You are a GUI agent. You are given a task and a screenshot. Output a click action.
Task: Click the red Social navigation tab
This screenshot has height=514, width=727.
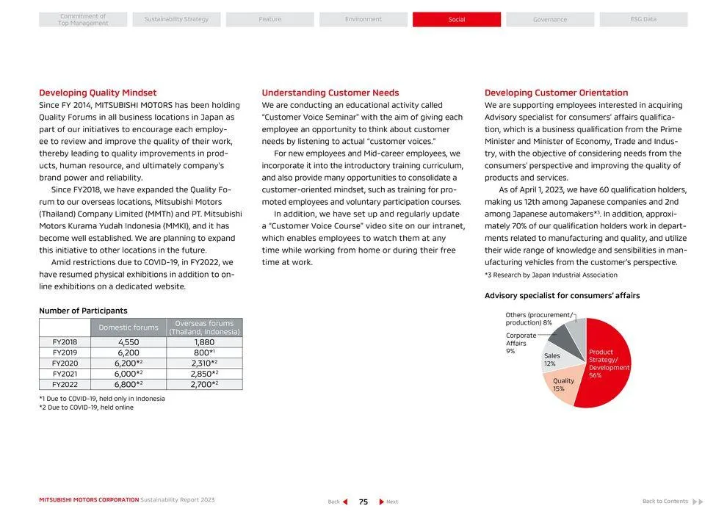point(456,19)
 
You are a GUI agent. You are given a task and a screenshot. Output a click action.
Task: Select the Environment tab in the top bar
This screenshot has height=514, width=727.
point(363,19)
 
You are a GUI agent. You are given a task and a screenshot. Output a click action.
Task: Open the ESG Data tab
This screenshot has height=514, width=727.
point(643,19)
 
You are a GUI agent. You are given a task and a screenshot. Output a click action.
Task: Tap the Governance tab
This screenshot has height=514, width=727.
point(549,19)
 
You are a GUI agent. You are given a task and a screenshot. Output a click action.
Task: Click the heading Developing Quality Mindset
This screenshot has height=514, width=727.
point(98,93)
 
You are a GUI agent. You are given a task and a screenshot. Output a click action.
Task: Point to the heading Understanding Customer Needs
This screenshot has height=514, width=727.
point(330,93)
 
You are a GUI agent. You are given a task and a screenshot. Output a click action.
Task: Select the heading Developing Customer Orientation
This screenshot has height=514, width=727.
point(556,93)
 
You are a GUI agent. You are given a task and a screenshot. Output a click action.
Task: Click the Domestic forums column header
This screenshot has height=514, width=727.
point(129,327)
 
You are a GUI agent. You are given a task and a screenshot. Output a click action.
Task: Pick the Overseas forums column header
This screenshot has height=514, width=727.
point(204,327)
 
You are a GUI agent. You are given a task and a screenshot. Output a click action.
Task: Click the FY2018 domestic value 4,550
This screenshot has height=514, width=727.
point(129,342)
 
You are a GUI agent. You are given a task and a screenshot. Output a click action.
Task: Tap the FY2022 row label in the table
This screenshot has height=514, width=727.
point(65,384)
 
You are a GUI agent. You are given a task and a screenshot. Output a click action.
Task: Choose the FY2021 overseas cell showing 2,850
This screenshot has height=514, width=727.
point(203,374)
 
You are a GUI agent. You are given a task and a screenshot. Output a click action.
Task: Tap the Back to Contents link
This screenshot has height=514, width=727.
point(665,502)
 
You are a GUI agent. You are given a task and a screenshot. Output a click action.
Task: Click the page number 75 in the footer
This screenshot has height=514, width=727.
point(363,502)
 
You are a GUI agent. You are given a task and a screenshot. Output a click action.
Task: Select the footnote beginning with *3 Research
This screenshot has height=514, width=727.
point(551,275)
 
